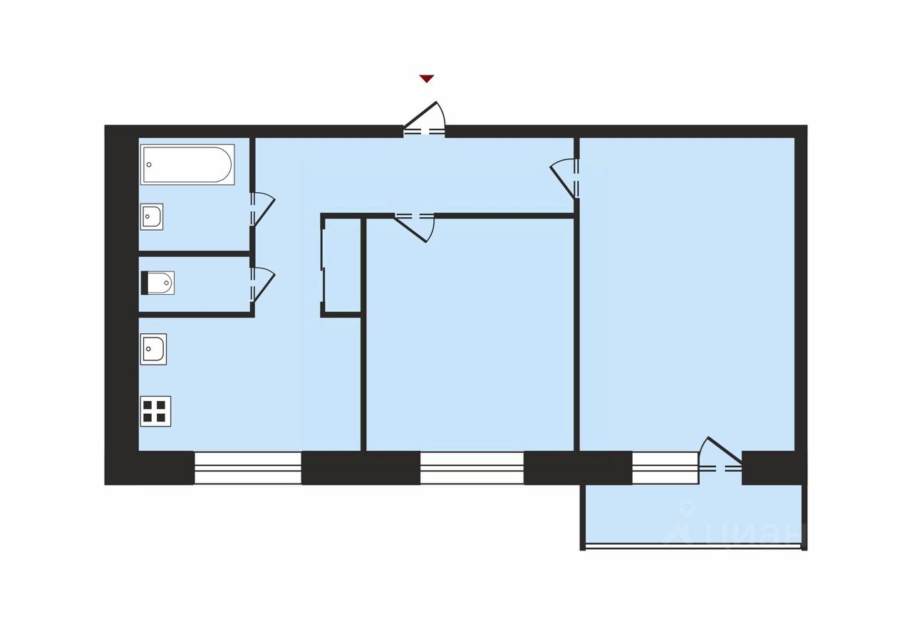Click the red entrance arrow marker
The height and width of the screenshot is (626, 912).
426,79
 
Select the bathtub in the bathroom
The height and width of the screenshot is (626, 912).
187,165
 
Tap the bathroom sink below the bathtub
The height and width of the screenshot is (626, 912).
152,216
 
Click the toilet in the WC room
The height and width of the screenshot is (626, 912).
158,283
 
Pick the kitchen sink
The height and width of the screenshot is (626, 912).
153,349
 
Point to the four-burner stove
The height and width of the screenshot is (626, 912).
155,411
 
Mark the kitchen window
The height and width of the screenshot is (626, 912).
248,468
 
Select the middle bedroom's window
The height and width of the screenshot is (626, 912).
472,468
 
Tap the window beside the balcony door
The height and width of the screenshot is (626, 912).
664,468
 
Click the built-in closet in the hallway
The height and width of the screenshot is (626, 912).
342,265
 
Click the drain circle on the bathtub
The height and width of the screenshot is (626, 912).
150,165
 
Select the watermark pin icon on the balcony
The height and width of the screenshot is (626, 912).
687,509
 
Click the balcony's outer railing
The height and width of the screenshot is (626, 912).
693,547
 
